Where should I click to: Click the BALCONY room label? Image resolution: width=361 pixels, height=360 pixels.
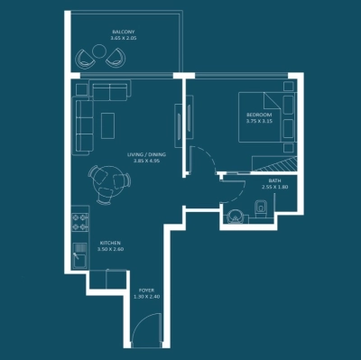pos(124,32)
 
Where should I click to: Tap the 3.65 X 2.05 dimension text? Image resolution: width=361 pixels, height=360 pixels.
pos(124,40)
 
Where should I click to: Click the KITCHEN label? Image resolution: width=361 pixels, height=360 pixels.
pos(110,243)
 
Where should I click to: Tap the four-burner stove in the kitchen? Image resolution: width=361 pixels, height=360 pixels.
pos(79,219)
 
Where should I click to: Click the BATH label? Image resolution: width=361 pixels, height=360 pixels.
pos(273,180)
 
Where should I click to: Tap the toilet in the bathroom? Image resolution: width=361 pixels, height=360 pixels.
pos(261,209)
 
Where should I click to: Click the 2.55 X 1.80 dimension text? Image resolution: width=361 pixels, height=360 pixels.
pos(273,188)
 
